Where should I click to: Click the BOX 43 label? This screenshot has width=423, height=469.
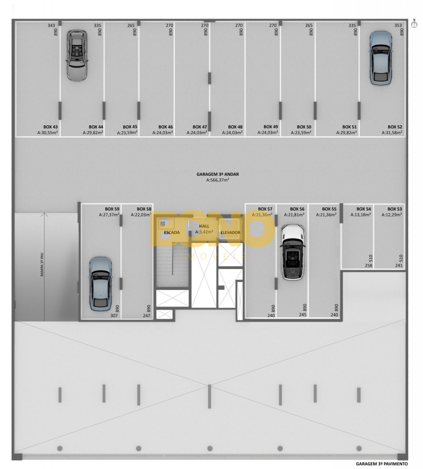pos(51,127)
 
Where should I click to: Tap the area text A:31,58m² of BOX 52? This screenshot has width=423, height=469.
pos(392,133)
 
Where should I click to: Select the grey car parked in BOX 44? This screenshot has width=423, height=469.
pos(77,55)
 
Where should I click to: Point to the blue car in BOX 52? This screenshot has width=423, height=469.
pos(381,58)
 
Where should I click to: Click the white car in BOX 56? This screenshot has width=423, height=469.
pos(293,252)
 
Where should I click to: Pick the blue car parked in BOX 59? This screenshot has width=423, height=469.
pos(100,284)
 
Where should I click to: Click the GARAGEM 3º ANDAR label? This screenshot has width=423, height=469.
pos(218,174)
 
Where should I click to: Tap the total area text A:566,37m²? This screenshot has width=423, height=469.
pos(218,180)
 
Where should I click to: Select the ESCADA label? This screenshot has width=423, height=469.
pos(172,232)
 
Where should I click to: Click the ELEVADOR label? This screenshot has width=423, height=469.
pos(230,232)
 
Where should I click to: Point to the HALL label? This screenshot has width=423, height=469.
pos(204,226)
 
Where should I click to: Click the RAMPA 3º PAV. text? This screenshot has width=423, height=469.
pos(42,265)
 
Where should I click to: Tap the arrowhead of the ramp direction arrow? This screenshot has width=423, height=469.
pos(44,214)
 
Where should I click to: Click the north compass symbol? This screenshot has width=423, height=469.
pos(414,24)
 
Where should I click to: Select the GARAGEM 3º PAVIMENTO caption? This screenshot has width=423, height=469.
pos(382,464)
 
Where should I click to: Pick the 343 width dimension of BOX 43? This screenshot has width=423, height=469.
pos(51,26)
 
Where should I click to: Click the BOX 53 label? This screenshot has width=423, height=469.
pos(395,209)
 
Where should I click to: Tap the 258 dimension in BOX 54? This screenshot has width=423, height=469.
pos(368,265)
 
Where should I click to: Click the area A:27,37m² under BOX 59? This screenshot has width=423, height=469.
pos(109,215)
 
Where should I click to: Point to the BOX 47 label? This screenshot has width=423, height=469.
pos(200,127)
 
